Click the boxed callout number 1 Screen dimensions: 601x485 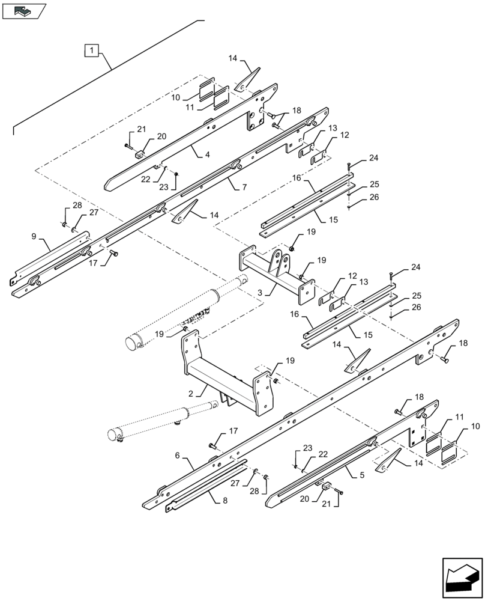pos(91,50)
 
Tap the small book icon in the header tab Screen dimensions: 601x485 pos(23,10)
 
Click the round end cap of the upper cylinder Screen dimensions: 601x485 pos(132,344)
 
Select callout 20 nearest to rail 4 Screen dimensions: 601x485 pos(145,136)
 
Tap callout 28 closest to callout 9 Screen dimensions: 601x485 pos(77,206)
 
